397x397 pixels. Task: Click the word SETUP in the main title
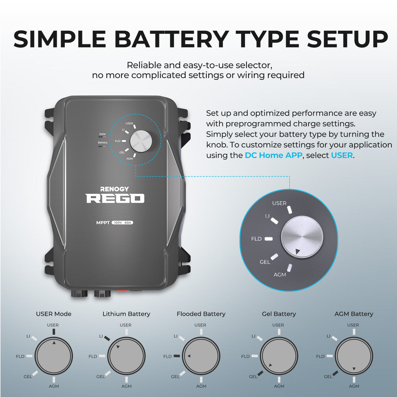[348, 39]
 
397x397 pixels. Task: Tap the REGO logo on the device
[115, 198]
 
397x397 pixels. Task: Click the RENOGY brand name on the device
[114, 189]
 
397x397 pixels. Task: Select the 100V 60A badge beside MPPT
[123, 222]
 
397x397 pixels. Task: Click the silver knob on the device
[141, 141]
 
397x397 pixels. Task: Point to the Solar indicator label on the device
[102, 134]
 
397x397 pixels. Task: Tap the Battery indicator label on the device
[103, 142]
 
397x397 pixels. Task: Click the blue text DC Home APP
[273, 155]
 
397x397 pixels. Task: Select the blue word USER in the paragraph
[342, 155]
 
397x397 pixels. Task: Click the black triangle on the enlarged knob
[297, 252]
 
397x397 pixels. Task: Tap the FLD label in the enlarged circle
[256, 239]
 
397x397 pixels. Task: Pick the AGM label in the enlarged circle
[280, 274]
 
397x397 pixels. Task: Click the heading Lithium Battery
[126, 314]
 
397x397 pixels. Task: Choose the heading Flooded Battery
[201, 314]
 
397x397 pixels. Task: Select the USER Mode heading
[54, 314]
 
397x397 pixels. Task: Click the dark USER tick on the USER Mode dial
[54, 332]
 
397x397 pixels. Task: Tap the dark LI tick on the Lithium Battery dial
[107, 338]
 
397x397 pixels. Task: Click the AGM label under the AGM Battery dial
[354, 386]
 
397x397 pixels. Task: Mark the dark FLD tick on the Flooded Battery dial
[176, 356]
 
